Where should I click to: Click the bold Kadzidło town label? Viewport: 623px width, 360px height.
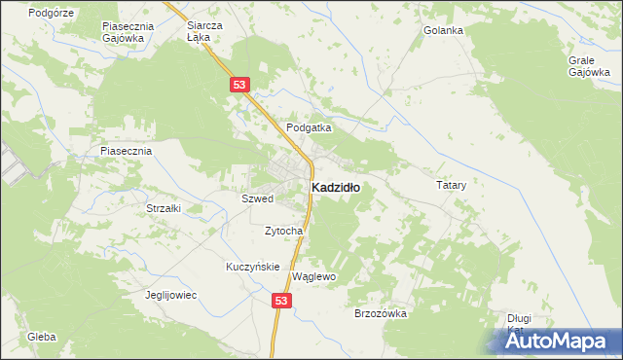pyautogui.click(x=335, y=188)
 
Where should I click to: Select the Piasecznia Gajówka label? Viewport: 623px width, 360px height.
pyautogui.click(x=123, y=32)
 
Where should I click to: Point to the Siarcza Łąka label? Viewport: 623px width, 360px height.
pyautogui.click(x=204, y=32)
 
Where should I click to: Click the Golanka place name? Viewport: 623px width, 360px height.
pyautogui.click(x=443, y=30)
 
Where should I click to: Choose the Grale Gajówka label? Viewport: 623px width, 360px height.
pyautogui.click(x=589, y=65)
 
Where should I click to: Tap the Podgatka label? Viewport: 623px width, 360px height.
pyautogui.click(x=310, y=127)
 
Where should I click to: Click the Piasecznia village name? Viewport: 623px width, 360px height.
pyautogui.click(x=126, y=151)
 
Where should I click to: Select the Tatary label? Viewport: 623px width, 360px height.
pyautogui.click(x=452, y=184)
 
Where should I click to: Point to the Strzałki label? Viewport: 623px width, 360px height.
pyautogui.click(x=164, y=208)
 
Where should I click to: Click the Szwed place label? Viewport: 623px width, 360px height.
pyautogui.click(x=257, y=198)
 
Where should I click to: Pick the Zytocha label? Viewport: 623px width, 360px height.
pyautogui.click(x=284, y=231)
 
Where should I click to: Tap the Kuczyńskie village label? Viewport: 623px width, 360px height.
pyautogui.click(x=253, y=267)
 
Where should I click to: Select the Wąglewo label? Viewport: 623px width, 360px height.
pyautogui.click(x=313, y=276)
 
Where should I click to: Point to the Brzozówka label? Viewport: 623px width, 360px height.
pyautogui.click(x=380, y=313)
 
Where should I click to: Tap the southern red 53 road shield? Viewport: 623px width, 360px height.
pyautogui.click(x=280, y=302)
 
